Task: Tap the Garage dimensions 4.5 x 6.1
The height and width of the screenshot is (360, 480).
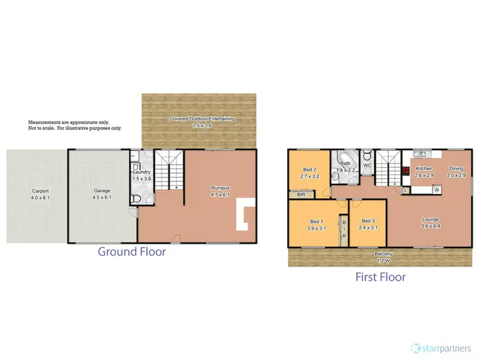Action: click(x=102, y=197)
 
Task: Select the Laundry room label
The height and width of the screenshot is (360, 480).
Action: click(x=141, y=173)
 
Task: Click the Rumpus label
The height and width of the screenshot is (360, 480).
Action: click(x=220, y=188)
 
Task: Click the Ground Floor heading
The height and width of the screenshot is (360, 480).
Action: click(x=132, y=252)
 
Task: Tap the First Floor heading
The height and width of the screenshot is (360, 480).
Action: click(x=381, y=277)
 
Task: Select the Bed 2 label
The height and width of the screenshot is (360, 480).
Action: click(x=310, y=169)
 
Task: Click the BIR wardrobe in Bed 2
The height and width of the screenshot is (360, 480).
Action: click(x=300, y=193)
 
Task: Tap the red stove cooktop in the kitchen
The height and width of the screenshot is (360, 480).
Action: click(x=406, y=172)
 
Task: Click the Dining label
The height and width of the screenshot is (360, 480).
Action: click(x=456, y=168)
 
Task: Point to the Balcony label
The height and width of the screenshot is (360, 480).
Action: click(x=383, y=254)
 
